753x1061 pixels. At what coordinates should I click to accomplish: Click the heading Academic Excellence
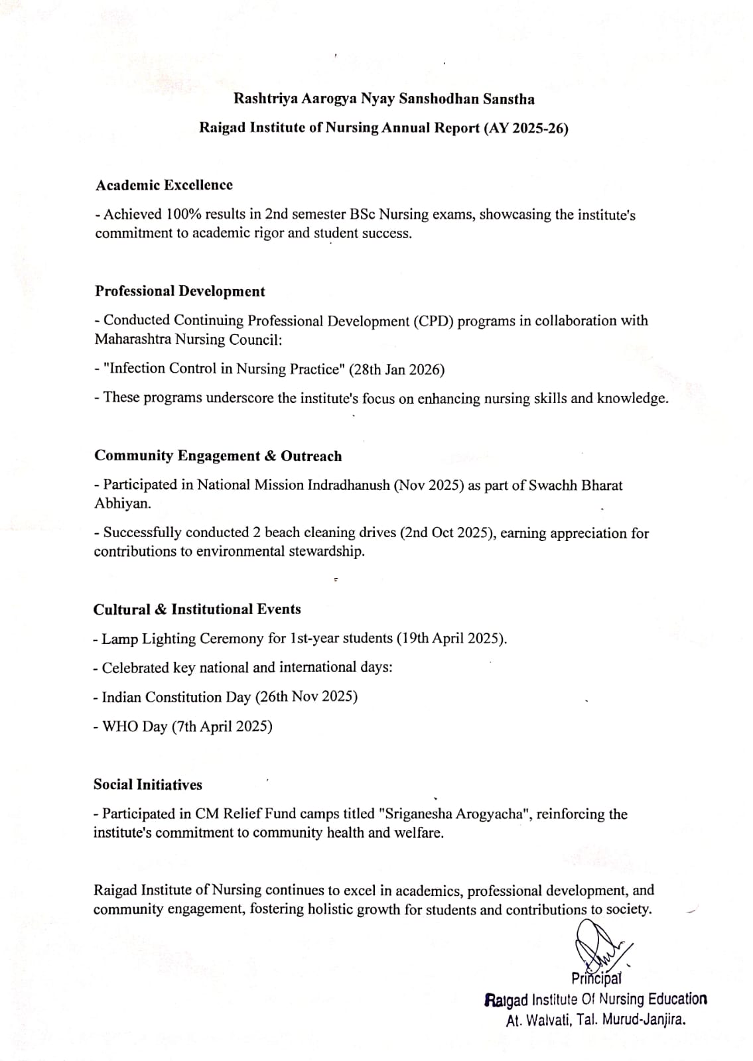pos(164,185)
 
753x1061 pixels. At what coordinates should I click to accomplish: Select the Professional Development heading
pos(180,291)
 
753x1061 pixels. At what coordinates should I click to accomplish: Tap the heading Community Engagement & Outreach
pos(218,456)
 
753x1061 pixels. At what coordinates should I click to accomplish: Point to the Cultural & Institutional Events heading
pos(197,609)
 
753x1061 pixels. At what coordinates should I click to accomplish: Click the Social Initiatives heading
pos(147,784)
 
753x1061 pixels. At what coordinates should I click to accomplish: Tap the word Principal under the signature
pos(596,978)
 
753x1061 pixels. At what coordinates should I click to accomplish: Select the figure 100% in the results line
pos(183,214)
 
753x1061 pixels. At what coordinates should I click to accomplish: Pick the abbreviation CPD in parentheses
pos(433,321)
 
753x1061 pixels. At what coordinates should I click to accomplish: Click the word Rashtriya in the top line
pos(264,99)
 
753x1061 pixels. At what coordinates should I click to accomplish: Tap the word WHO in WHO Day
pos(120,726)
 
